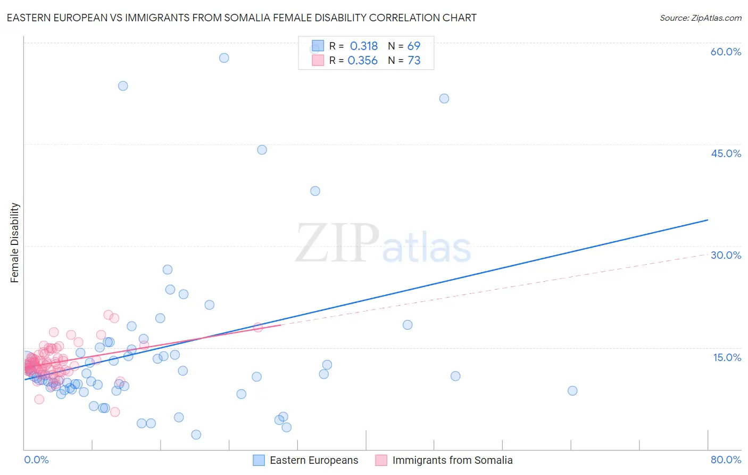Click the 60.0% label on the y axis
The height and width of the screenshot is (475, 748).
[x=726, y=52]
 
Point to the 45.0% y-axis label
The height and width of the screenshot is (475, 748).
[x=726, y=153]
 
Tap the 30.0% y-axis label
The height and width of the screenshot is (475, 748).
[x=726, y=255]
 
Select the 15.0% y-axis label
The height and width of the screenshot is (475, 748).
[x=727, y=357]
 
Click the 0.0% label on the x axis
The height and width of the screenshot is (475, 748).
[x=36, y=460]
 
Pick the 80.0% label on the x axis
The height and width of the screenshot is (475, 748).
[x=726, y=460]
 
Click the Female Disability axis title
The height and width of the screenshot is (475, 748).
[x=15, y=243]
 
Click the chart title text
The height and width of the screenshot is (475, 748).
[x=242, y=18]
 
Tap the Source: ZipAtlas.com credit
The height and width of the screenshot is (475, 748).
[x=700, y=18]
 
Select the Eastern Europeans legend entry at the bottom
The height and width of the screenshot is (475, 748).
[x=314, y=461]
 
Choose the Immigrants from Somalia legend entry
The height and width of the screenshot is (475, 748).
[x=452, y=461]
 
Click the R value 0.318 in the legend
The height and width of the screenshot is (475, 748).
[x=364, y=46]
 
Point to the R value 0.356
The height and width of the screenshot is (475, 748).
[x=362, y=61]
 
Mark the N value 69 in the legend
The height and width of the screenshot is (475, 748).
[x=414, y=46]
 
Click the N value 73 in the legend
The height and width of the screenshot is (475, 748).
[x=414, y=61]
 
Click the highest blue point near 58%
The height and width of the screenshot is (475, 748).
[x=224, y=58]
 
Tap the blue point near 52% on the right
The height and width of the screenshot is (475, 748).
[x=444, y=99]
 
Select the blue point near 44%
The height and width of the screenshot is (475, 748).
[x=262, y=150]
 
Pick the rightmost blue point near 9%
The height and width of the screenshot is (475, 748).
[x=572, y=391]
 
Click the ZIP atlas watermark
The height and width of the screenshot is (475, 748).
[x=383, y=244]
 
